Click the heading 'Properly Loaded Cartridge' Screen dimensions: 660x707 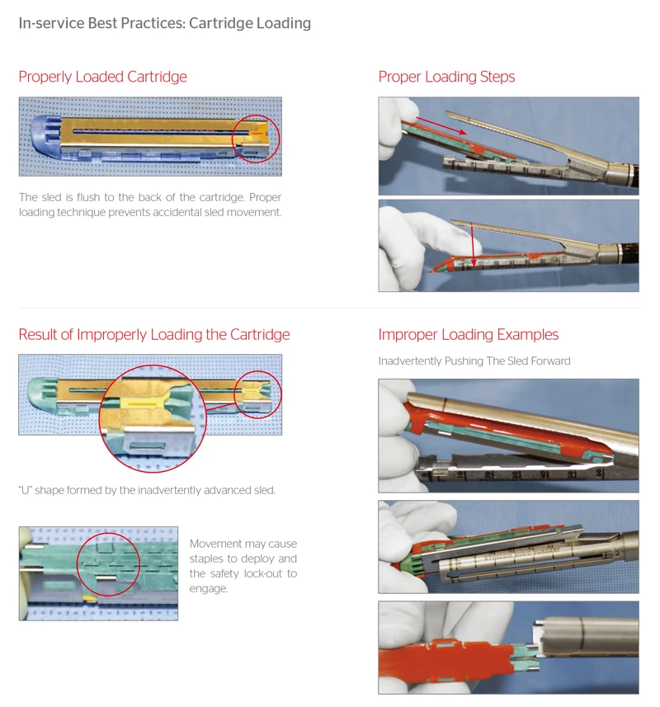click(102, 77)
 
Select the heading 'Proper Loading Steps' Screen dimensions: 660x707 click(446, 77)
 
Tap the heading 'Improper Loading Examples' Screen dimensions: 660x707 click(468, 334)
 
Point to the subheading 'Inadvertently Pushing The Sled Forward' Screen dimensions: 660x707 click(474, 361)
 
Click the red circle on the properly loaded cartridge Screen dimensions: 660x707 click(257, 138)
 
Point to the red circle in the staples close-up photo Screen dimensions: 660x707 click(108, 564)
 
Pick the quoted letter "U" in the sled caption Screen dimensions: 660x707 click(25, 490)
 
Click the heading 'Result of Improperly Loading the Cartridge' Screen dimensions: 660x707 click(154, 334)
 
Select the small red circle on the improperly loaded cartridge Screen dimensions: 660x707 click(257, 394)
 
